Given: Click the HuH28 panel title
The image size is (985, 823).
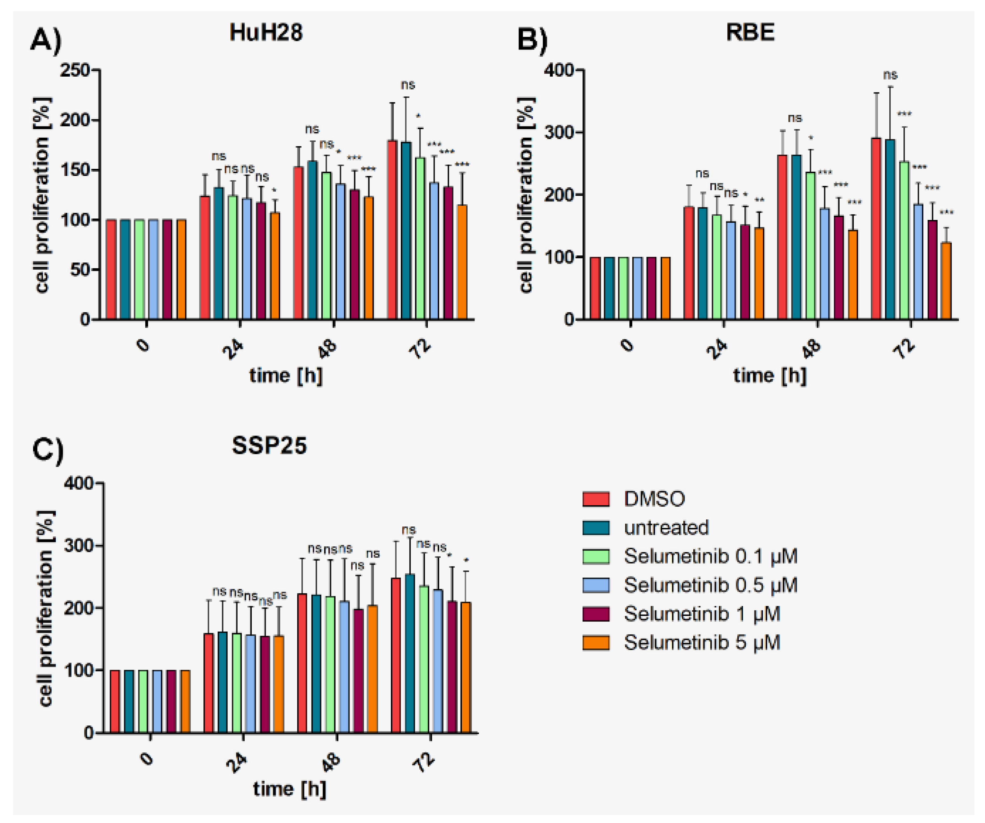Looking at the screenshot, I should (x=266, y=33).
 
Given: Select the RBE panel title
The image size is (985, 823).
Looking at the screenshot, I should (x=750, y=33).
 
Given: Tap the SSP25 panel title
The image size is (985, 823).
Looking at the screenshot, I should (x=269, y=445).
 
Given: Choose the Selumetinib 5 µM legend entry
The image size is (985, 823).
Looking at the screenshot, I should (x=702, y=643).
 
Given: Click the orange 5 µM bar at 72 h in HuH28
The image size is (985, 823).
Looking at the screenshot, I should (x=462, y=263).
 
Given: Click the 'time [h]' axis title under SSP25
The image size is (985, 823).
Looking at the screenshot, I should (x=289, y=789).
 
